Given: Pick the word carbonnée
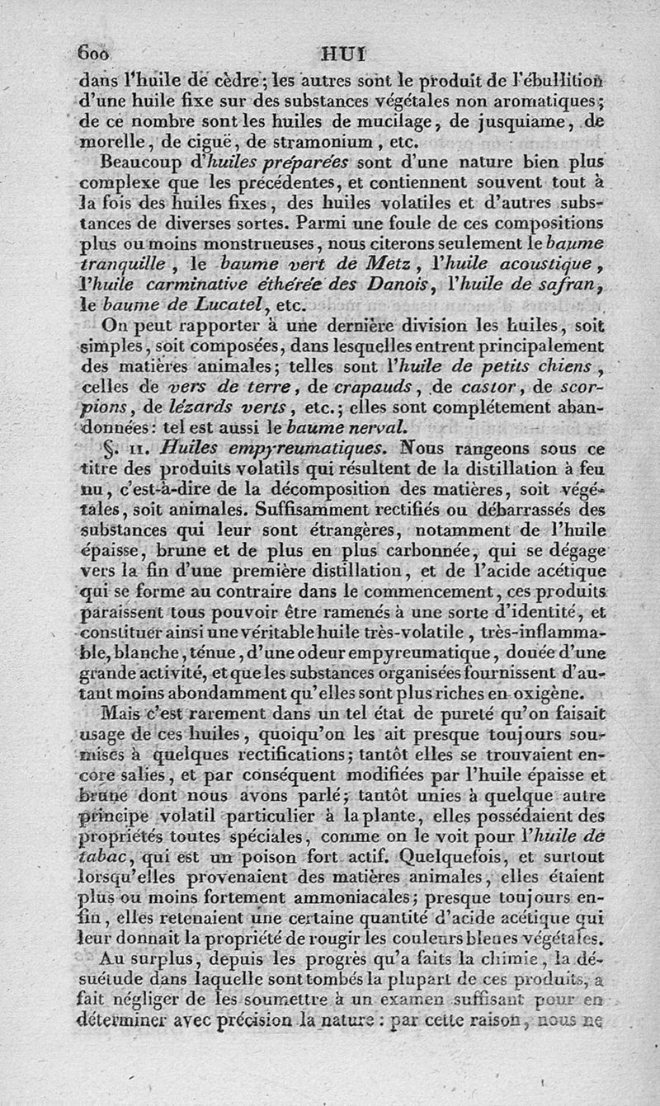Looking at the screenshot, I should point(420,553).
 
